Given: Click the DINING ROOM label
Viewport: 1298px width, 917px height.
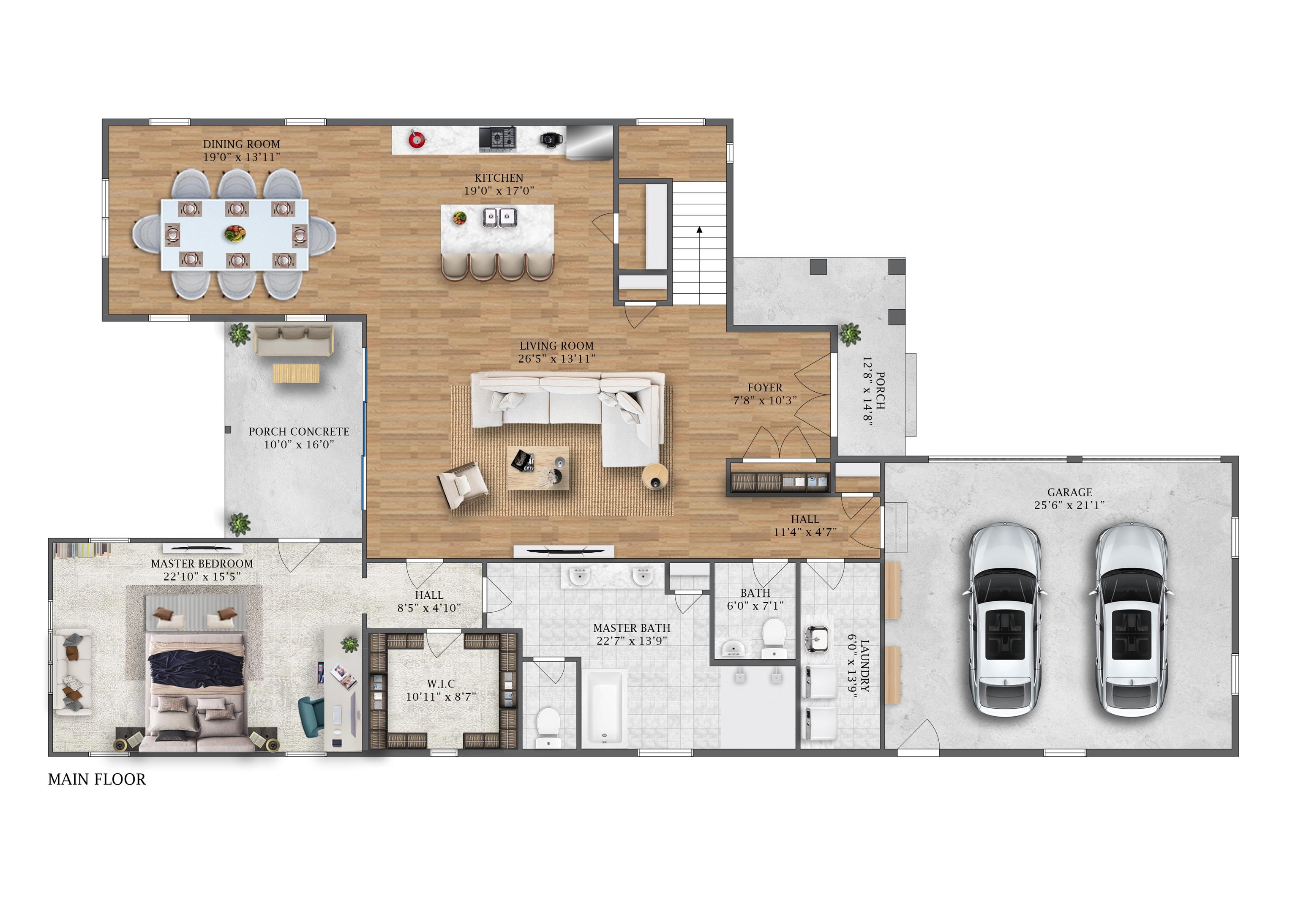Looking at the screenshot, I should pos(241,144).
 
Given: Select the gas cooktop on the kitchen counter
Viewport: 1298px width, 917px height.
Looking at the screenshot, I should pos(497,139).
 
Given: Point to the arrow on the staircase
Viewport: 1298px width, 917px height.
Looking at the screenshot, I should pos(699,230).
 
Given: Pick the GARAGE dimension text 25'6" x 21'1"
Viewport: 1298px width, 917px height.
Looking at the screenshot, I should pos(1069,505).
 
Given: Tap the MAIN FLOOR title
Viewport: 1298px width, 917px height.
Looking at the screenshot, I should pos(97,780).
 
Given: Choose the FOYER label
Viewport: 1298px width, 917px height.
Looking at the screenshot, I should pos(765,388).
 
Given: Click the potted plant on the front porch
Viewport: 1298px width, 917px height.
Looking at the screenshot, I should pos(850,334).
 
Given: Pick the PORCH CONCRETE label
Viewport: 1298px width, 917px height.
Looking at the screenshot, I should pos(299,432).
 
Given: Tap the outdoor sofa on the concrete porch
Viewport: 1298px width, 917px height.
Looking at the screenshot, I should pos(294,340).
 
